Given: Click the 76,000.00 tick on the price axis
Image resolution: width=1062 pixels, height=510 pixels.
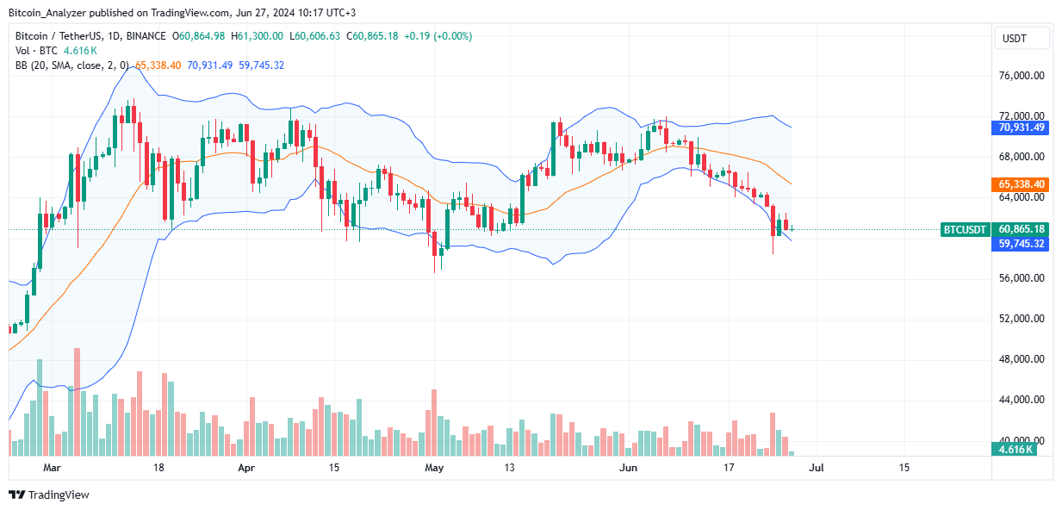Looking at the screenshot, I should (x=1021, y=76).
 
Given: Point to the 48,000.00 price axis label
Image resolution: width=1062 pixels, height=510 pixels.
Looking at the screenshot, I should (x=1021, y=359).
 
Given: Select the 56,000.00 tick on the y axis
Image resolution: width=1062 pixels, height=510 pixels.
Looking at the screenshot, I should (x=1021, y=278).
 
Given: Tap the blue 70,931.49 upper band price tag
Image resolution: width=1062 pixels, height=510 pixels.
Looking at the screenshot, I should (x=1022, y=127).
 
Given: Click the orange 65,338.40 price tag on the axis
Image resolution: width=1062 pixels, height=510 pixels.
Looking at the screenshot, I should (x=1022, y=184).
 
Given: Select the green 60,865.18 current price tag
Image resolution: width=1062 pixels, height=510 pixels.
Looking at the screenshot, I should (x=1022, y=229).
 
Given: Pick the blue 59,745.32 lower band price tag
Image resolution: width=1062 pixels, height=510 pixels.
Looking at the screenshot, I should (x=1022, y=244).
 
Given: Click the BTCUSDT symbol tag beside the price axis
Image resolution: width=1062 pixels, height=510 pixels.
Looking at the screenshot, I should (x=965, y=229).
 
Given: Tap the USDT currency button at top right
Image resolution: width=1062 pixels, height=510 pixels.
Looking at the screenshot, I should (x=1022, y=38).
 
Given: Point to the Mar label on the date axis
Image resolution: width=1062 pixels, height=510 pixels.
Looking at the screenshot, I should (x=53, y=468).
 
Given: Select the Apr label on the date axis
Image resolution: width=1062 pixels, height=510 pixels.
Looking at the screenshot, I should (x=246, y=468).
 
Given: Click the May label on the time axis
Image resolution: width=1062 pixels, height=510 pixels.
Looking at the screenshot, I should (x=434, y=468).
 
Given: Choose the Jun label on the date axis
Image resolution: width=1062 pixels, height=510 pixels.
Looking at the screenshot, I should (x=629, y=468).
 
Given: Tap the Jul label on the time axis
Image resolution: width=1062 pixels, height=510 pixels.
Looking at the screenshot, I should (x=816, y=468).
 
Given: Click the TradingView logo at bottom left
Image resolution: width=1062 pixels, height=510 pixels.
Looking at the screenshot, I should (x=49, y=494).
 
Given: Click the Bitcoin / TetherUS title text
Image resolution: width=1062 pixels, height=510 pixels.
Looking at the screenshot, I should (x=65, y=36).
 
